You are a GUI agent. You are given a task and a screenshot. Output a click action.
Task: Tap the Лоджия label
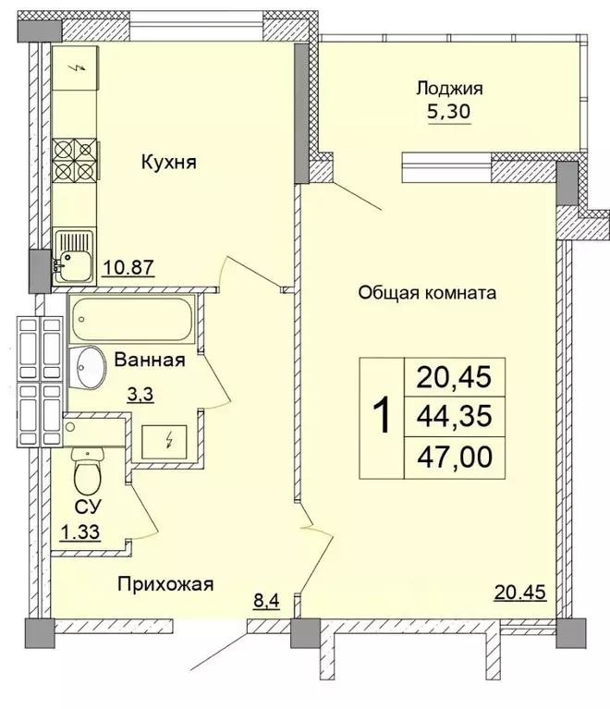click(x=449, y=89)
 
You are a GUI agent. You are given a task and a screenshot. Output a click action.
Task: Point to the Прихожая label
click(x=165, y=583)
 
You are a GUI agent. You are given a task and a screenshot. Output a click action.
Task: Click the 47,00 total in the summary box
click(x=454, y=458)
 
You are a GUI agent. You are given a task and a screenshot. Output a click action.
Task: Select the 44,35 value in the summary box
click(x=454, y=417)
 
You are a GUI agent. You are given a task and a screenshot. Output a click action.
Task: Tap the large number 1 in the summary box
click(x=379, y=416)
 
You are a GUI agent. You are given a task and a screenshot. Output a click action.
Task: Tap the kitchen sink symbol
click(x=73, y=254)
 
